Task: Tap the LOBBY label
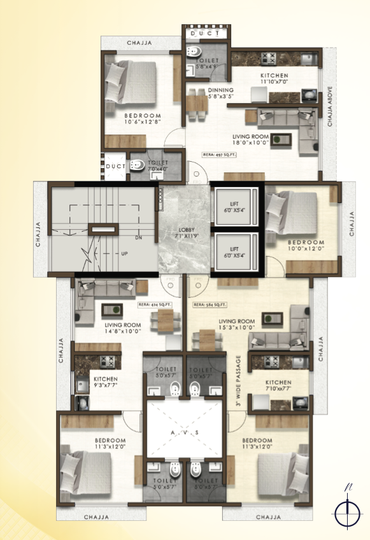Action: pyautogui.click(x=187, y=232)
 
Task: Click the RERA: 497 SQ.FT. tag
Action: pyautogui.click(x=218, y=154)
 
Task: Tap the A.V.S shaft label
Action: pyautogui.click(x=186, y=432)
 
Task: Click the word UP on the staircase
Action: pyautogui.click(x=124, y=253)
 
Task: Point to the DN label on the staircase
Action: pyautogui.click(x=138, y=238)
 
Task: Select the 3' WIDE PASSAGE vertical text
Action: pyautogui.click(x=238, y=381)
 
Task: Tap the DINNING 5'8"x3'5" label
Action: pyautogui.click(x=221, y=94)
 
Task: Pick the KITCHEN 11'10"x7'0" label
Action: pyautogui.click(x=274, y=78)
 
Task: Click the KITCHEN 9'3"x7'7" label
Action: pyautogui.click(x=99, y=381)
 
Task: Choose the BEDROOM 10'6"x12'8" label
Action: pyautogui.click(x=142, y=118)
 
